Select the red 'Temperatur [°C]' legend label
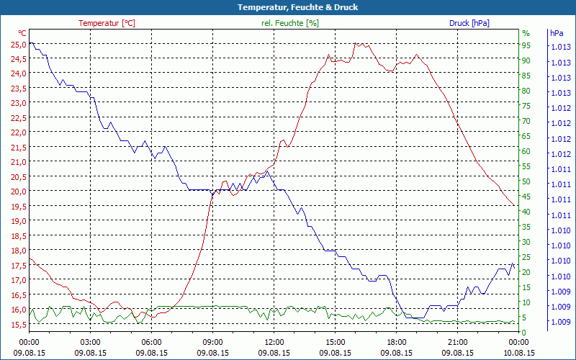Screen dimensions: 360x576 click(107, 23)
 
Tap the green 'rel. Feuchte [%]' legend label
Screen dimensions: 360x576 click(290, 23)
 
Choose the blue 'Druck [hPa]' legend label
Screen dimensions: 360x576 click(469, 23)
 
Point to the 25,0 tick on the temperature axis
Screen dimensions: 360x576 click(18, 44)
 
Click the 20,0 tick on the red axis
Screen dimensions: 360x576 click(18, 192)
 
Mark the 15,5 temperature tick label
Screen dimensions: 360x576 click(18, 325)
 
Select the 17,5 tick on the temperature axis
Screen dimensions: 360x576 click(18, 266)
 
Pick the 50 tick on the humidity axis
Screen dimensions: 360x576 click(526, 181)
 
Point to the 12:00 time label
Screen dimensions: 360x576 click(274, 342)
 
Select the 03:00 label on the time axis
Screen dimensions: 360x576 click(90, 342)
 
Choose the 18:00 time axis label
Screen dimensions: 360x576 click(397, 342)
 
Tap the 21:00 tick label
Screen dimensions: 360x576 click(458, 342)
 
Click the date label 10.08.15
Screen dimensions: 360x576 click(519, 353)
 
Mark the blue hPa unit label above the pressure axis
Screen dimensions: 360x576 click(557, 33)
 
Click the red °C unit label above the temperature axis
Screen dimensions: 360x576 click(22, 33)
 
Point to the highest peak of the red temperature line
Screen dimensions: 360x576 click(356, 43)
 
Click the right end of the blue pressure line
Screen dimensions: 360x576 click(514, 267)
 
